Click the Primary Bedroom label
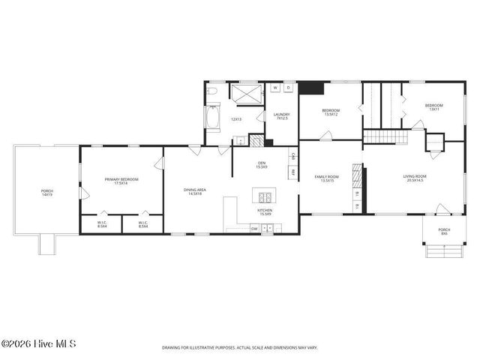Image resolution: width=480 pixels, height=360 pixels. coord(121,181)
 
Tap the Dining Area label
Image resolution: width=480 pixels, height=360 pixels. coord(195,191)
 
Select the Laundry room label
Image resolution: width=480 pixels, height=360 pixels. coord(281,117)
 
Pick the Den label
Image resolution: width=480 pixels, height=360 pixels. coord(262,164)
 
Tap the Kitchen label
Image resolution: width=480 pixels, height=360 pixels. coord(265,213)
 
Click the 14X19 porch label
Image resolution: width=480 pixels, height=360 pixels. coord(46,193)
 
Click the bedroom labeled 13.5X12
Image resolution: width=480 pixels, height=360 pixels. coord(331,112)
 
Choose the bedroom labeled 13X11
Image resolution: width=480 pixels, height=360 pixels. coord(433,107)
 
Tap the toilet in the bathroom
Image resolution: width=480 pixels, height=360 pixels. coord(211,92)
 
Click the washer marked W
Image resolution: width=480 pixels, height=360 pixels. coord(275,88)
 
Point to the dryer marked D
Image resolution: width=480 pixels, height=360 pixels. coord(289,88)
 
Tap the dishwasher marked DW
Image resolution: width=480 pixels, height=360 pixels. coord(254,229)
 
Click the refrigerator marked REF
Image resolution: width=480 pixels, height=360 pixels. coord(292,172)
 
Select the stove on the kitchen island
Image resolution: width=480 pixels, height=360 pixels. coord(265,198)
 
